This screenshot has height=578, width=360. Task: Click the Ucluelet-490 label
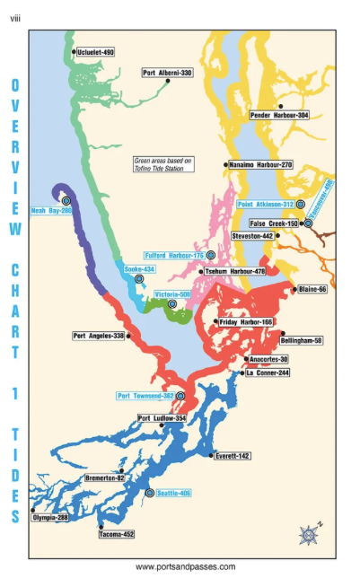pyautogui.click(x=97, y=53)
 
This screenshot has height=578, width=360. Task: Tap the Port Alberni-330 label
pyautogui.click(x=168, y=73)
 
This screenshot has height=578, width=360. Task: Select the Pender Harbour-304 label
pyautogui.click(x=279, y=116)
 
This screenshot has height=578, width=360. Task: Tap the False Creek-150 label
pyautogui.click(x=274, y=223)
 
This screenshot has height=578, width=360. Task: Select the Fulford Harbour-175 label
pyautogui.click(x=173, y=256)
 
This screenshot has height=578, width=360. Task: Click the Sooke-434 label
pyautogui.click(x=139, y=269)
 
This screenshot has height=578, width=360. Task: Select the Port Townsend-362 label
pyautogui.click(x=145, y=396)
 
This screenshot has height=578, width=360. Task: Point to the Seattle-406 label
pyautogui.click(x=174, y=494)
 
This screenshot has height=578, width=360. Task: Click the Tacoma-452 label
pyautogui.click(x=116, y=535)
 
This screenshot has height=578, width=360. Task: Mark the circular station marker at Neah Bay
pyautogui.click(x=66, y=200)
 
